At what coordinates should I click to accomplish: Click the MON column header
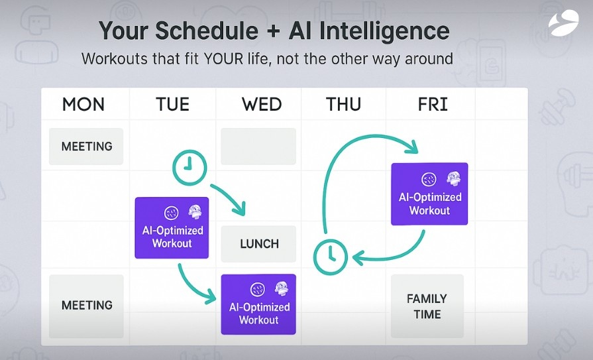[x=83, y=104]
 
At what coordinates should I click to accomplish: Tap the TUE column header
[x=172, y=104]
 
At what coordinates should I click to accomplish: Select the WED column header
[x=262, y=104]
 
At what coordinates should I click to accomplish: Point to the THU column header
[x=343, y=104]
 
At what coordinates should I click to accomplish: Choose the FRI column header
[x=433, y=104]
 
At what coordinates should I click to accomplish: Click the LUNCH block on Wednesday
[x=258, y=244]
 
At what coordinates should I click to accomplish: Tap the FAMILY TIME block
[x=427, y=306]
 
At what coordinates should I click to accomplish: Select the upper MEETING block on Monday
[x=86, y=146]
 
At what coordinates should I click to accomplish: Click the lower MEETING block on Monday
[x=86, y=306]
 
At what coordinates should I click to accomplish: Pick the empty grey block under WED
[x=258, y=146]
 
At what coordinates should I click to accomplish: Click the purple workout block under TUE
[x=172, y=227]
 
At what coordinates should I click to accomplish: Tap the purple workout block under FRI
[x=429, y=194]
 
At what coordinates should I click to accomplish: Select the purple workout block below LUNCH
[x=258, y=304]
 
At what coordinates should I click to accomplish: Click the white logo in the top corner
[x=563, y=23]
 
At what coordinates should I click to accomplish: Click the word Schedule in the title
[x=207, y=31]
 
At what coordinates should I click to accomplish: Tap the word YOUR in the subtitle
[x=223, y=59]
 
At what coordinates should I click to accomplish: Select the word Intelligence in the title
[x=384, y=31]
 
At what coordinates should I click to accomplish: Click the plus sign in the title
[x=274, y=31]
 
